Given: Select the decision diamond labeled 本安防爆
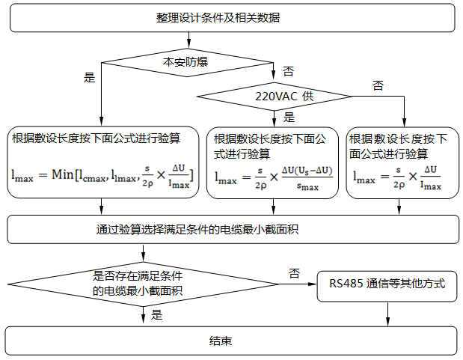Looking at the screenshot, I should [x=185, y=62].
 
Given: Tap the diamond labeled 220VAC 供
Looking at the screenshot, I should [x=274, y=97].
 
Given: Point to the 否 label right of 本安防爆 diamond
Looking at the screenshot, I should [x=288, y=71].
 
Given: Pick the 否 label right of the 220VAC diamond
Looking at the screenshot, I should [x=378, y=85].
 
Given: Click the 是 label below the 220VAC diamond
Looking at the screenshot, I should [x=289, y=117].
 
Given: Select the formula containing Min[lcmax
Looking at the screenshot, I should [x=102, y=174].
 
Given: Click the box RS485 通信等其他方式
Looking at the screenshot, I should [x=387, y=284].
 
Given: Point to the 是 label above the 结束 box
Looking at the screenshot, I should [x=156, y=315].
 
